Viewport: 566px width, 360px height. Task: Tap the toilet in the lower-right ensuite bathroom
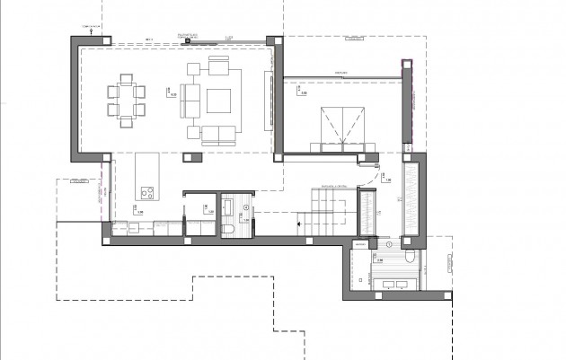410,256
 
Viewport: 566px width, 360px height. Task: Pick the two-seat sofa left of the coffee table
190,99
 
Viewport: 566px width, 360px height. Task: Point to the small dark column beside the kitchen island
189,158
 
